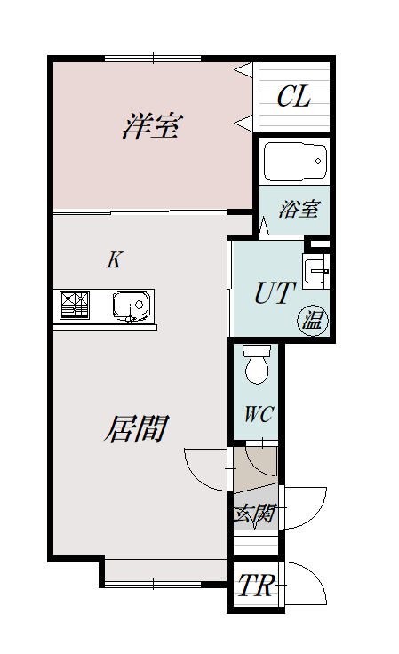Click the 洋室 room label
153,125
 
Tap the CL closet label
294,96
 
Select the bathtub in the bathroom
295,162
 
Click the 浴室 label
299,209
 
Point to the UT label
275,293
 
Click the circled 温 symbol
313,320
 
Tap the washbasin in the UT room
315,271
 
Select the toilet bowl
257,364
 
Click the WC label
259,414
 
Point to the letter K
114,259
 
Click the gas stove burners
75,306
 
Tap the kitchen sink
131,307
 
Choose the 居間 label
136,428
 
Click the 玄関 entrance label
254,514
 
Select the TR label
256,586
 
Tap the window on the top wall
153,59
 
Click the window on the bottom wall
153,585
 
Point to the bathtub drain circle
318,161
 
